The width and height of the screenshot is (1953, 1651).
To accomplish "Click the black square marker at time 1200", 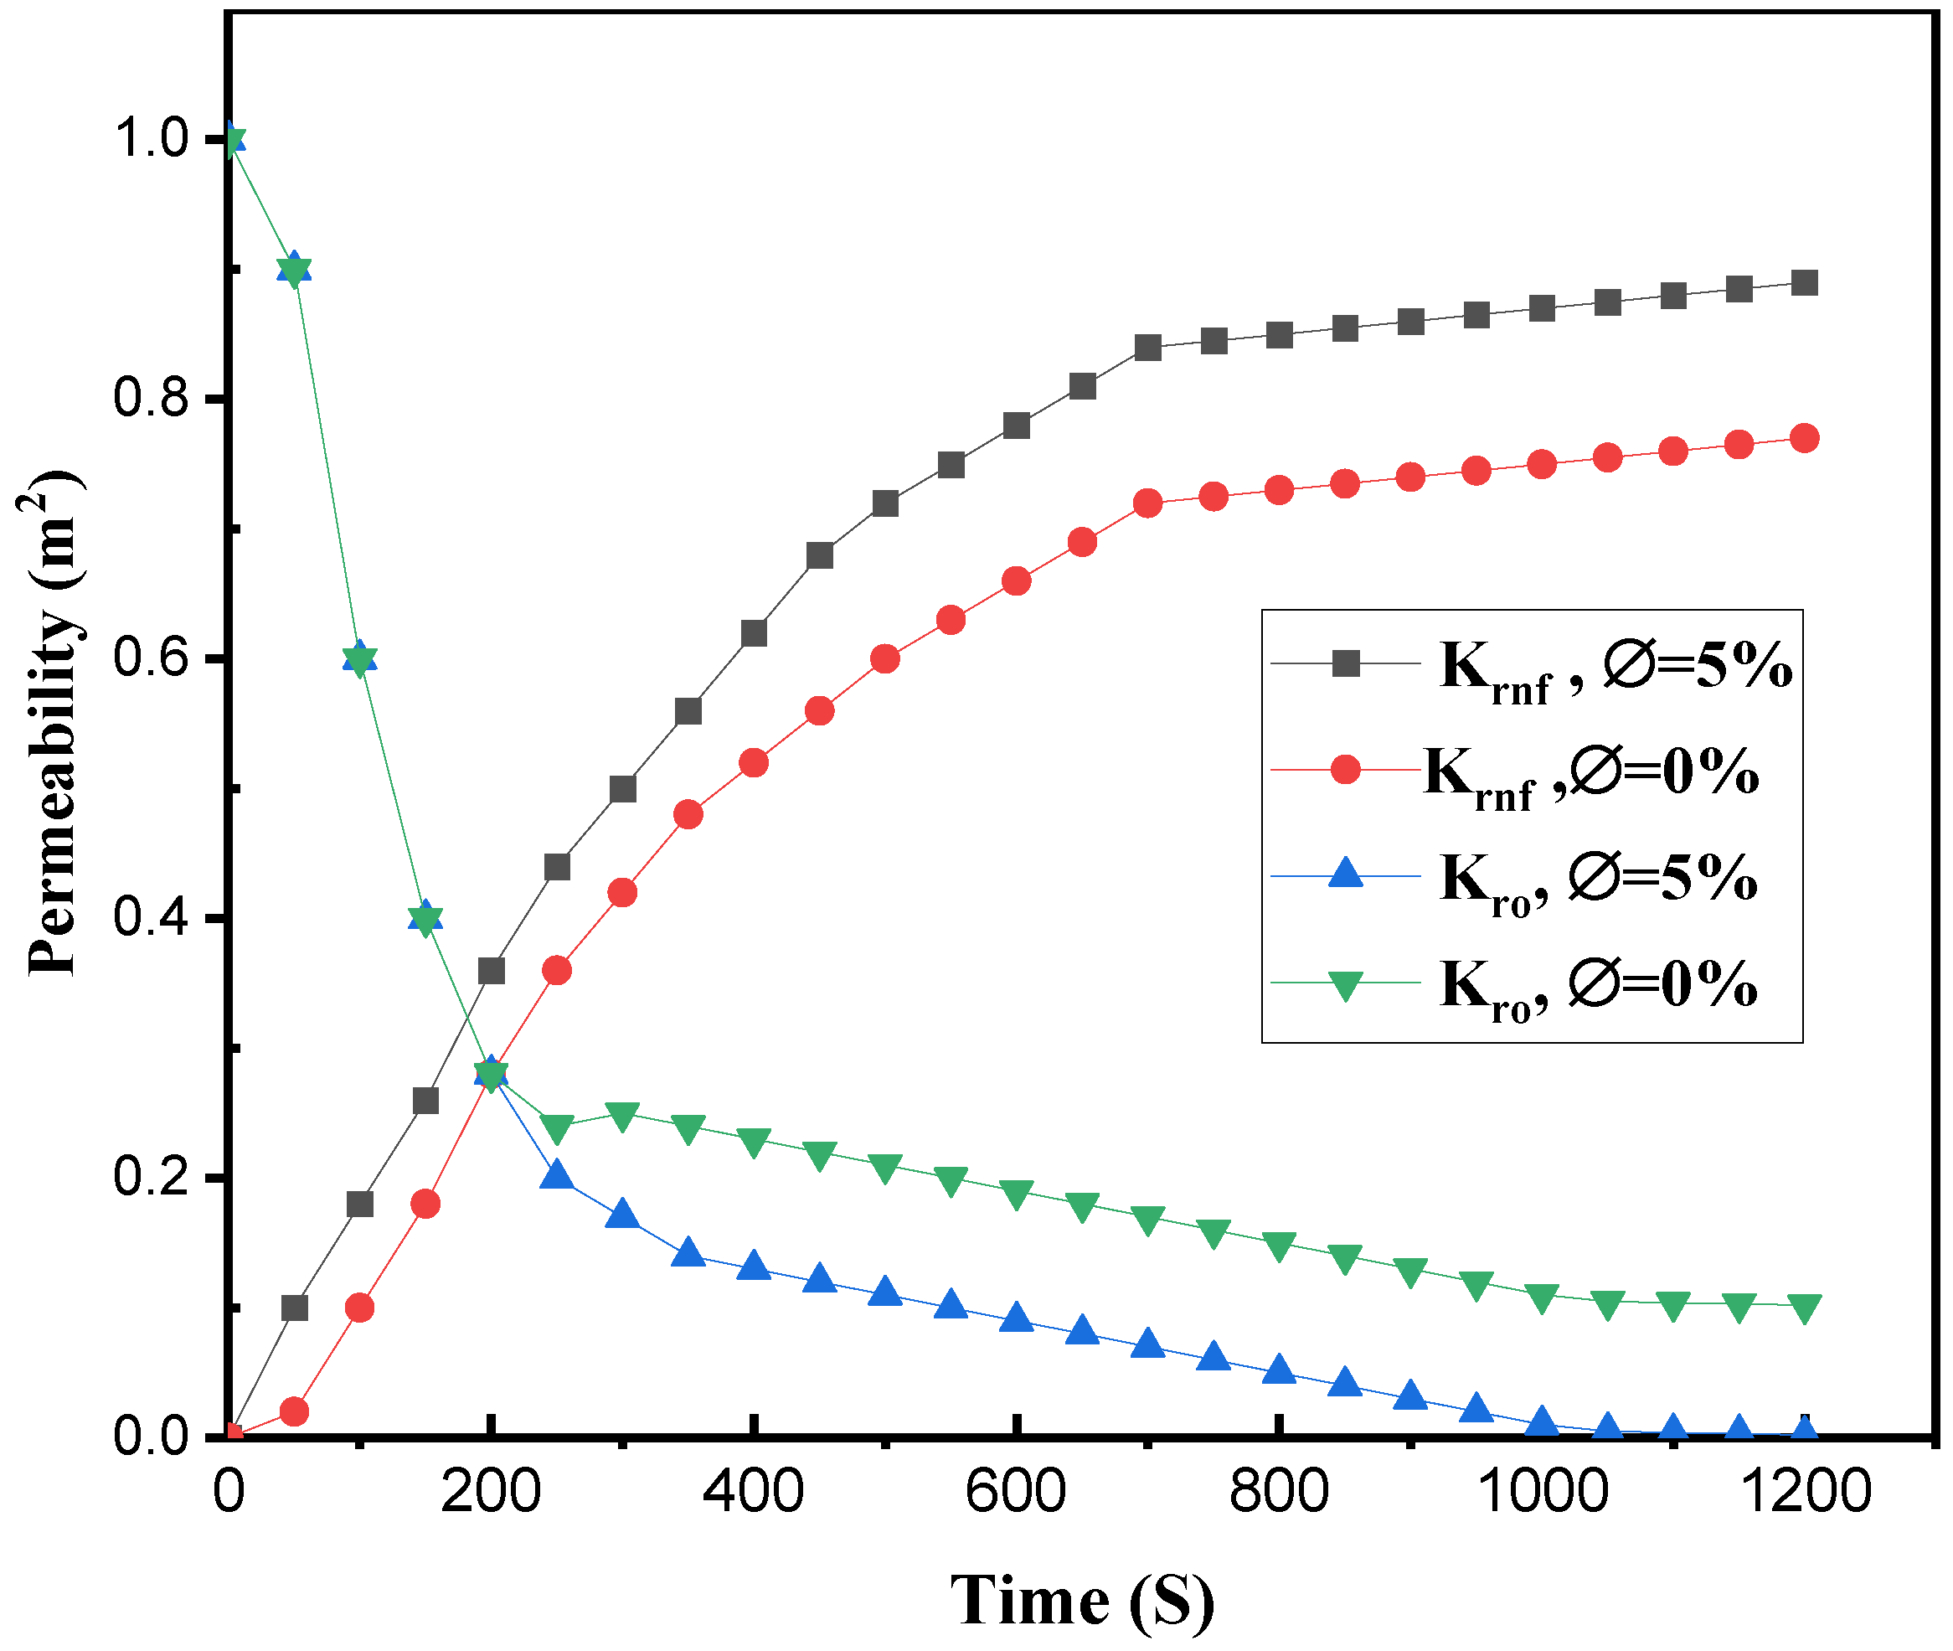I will pyautogui.click(x=1804, y=282).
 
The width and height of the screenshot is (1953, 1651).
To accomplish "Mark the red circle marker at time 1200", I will pyautogui.click(x=1804, y=438).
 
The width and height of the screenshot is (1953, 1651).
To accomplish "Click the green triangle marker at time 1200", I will pyautogui.click(x=1804, y=1308).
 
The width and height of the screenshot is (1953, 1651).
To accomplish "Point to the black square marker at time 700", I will pyautogui.click(x=1147, y=348).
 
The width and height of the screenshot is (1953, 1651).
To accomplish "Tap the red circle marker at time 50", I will pyautogui.click(x=294, y=1411).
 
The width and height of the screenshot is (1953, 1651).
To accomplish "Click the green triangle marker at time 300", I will pyautogui.click(x=622, y=1116).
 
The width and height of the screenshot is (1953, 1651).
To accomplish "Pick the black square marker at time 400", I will pyautogui.click(x=754, y=633).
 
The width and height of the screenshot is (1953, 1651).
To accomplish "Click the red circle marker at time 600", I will pyautogui.click(x=1016, y=581).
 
